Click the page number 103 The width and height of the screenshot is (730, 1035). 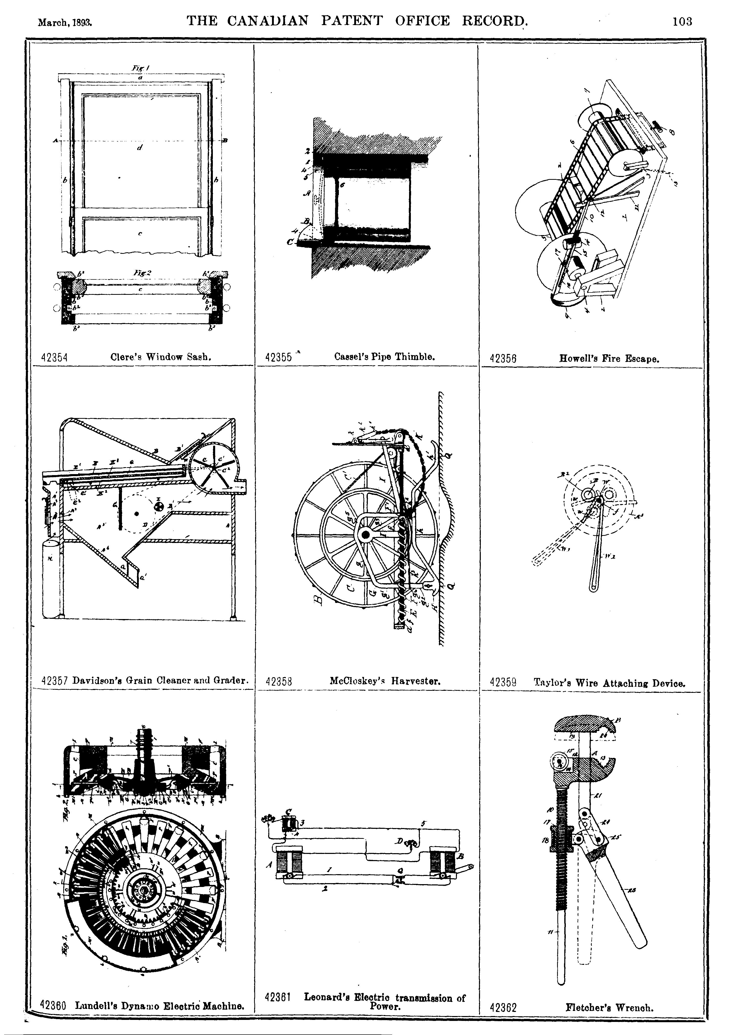682,21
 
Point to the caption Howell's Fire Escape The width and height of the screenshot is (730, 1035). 609,359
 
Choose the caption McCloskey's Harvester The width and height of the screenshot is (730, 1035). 385,681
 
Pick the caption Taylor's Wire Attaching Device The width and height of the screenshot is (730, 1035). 609,683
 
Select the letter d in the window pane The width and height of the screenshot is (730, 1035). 140,148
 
